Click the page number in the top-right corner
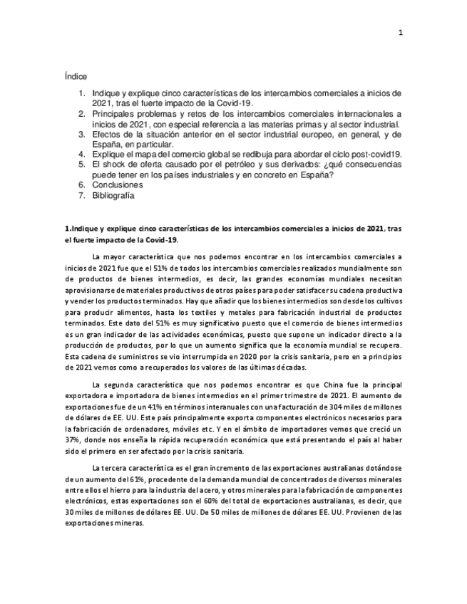point(400,32)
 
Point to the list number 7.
point(82,195)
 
